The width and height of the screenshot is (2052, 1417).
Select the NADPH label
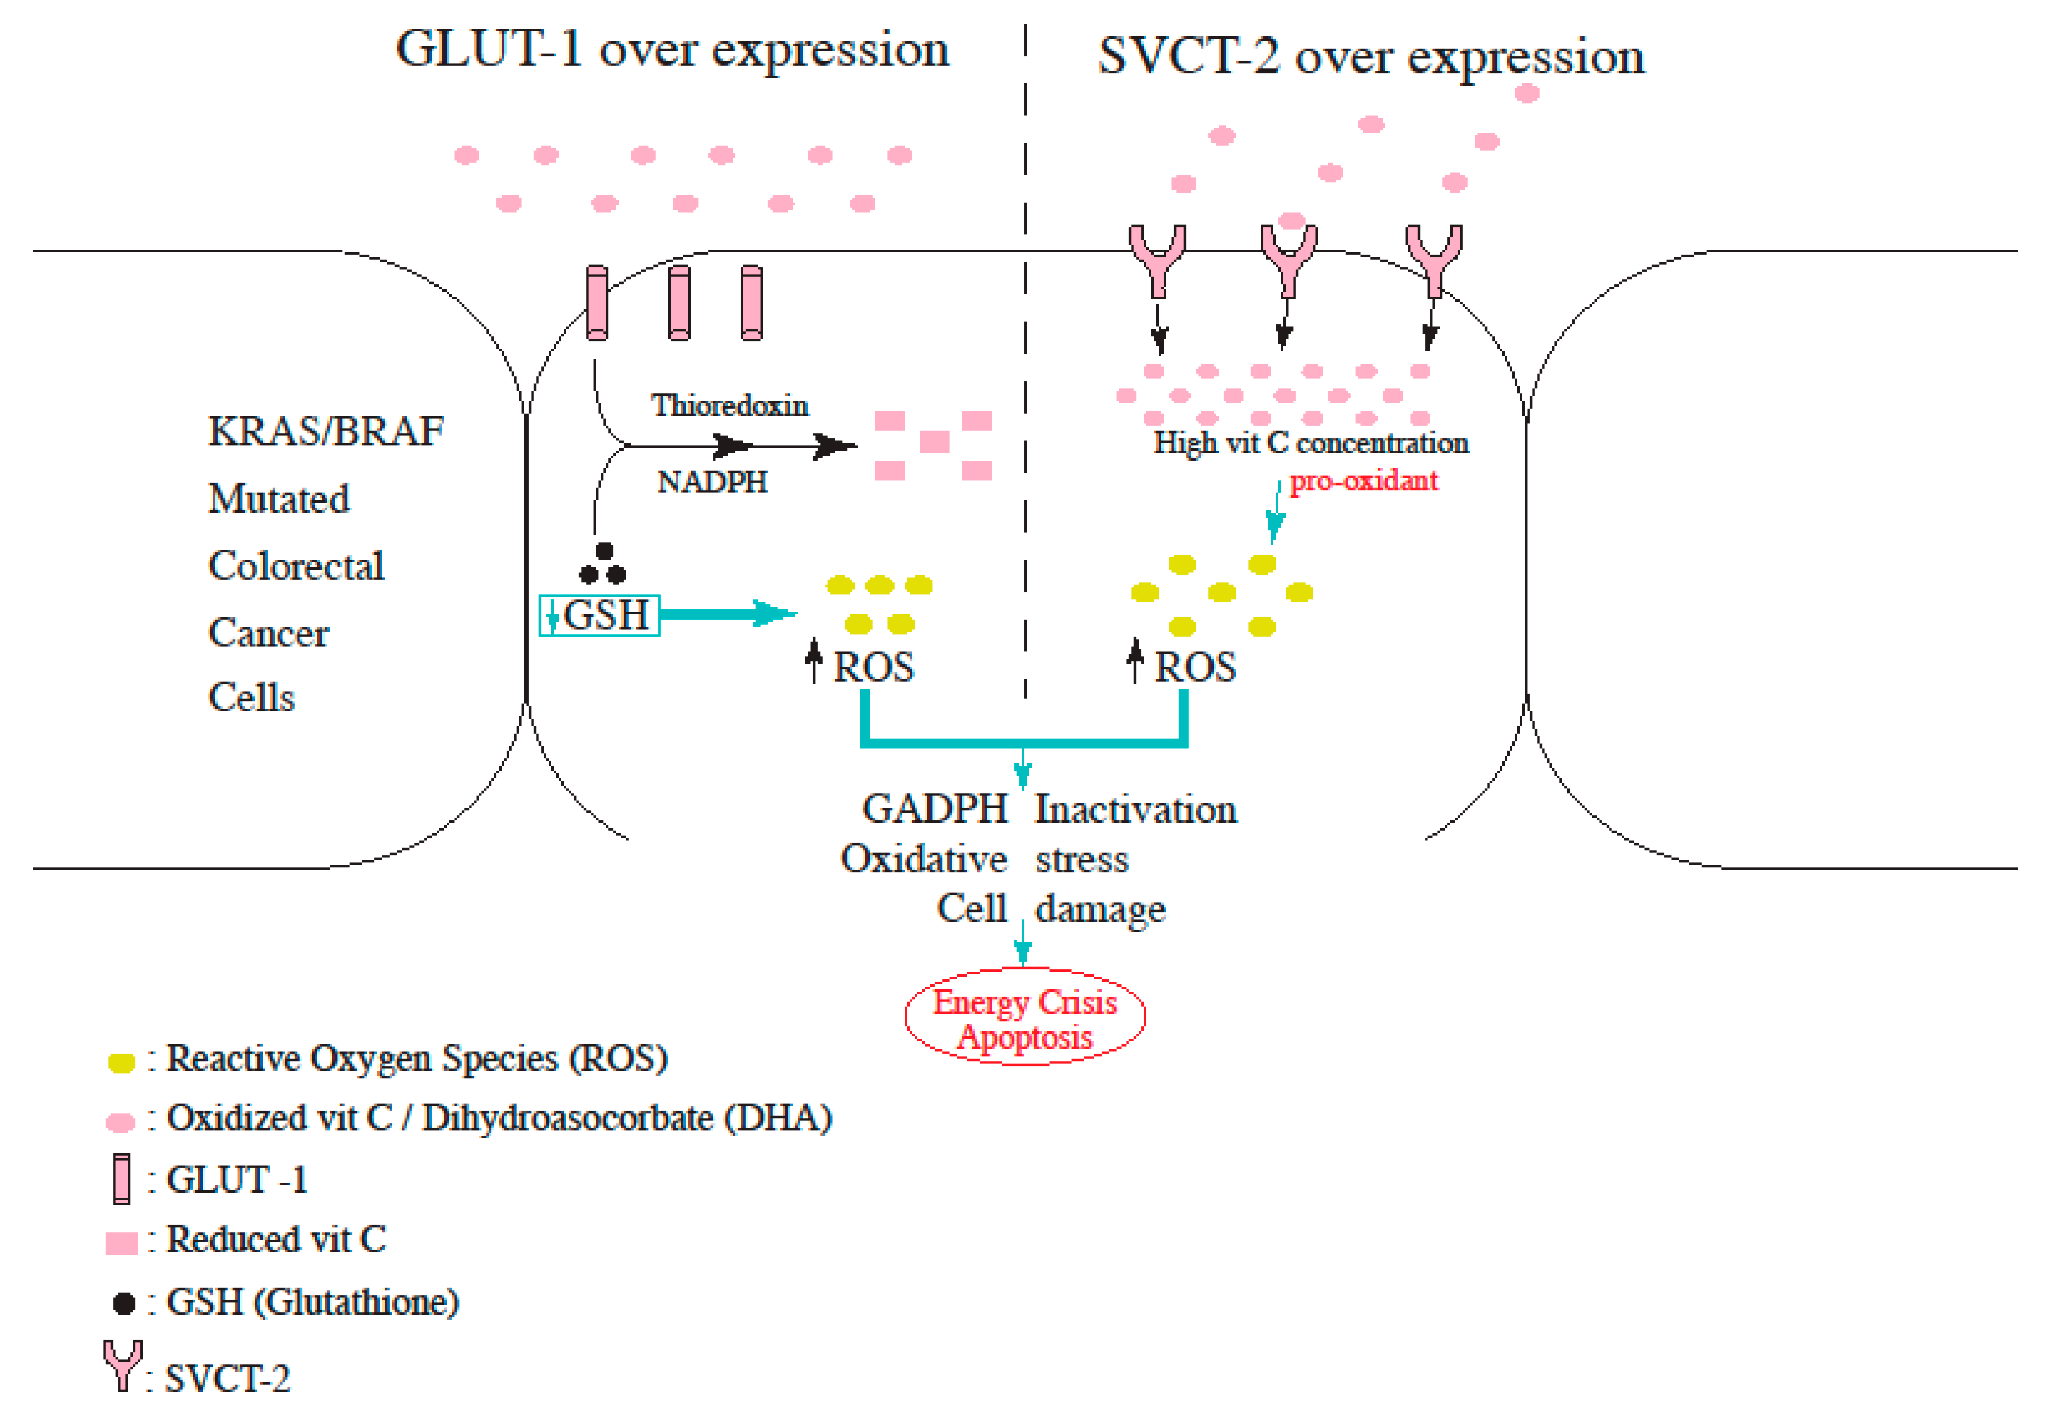711,482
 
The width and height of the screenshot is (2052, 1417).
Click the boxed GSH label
600,614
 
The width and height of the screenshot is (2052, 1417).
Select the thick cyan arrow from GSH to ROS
727,613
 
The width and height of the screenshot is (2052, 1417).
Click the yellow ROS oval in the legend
121,1063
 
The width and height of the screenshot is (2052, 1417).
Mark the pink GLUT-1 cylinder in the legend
121,1179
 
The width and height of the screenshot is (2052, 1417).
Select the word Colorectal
296,566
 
